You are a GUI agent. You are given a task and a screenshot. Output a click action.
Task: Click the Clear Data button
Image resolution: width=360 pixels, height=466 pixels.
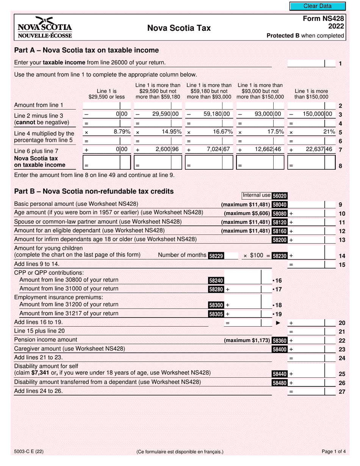pyautogui.click(x=318, y=6)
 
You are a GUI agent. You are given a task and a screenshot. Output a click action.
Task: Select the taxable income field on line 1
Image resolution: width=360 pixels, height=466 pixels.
pyautogui.click(x=306, y=64)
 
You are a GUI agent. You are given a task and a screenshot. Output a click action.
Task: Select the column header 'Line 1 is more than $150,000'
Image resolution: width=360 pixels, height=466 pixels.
pyautogui.click(x=311, y=94)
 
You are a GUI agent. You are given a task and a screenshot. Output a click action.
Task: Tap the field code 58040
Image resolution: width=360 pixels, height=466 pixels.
pyautogui.click(x=280, y=205)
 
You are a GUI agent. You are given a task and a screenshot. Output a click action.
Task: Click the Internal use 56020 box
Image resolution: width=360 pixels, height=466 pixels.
pyautogui.click(x=265, y=195)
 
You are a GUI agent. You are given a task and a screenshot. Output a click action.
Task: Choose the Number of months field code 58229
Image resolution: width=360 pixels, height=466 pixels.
pyautogui.click(x=216, y=256)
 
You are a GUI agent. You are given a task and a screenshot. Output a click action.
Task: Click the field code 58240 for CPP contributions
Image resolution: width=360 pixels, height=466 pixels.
pyautogui.click(x=216, y=281)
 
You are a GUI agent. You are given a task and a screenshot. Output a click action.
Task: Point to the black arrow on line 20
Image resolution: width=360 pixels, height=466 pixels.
pyautogui.click(x=278, y=323)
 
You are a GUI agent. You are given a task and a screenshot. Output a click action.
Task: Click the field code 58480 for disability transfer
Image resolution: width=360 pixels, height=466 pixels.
pyautogui.click(x=280, y=383)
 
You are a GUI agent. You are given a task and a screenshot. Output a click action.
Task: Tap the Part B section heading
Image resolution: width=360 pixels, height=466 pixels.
pyautogui.click(x=94, y=192)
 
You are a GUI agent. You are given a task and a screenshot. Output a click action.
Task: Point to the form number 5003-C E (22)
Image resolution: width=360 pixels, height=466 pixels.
pyautogui.click(x=31, y=451)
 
